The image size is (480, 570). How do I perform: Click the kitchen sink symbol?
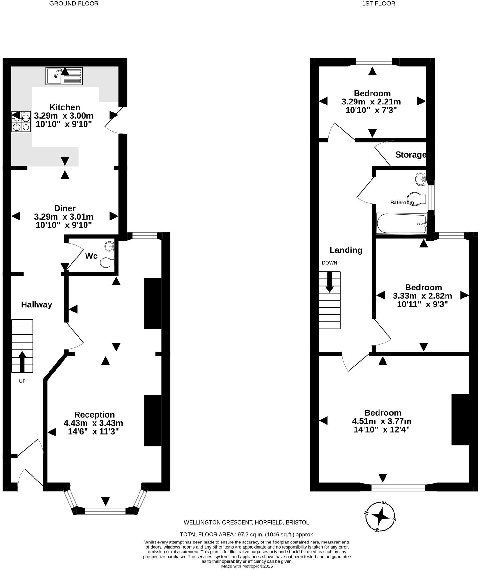pos(64,76)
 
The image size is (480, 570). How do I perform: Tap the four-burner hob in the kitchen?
pos(21,121)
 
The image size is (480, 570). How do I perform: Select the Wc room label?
pos(91,256)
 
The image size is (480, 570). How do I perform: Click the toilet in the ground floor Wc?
pos(107,263)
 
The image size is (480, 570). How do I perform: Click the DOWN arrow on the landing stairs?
pos(329,282)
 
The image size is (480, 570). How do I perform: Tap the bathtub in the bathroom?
pos(401,224)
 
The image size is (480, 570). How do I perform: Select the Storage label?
pos(410,155)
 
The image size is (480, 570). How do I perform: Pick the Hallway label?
pos(36,304)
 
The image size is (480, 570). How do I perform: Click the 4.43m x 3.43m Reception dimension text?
pos(93,423)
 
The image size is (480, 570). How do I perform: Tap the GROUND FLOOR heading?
pos(74,4)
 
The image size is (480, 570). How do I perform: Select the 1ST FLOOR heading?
pos(379,4)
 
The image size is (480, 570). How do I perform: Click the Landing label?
pos(346,250)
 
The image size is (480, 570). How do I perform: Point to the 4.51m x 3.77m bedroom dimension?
pos(381,421)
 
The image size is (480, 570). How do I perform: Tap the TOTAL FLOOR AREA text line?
pos(247,534)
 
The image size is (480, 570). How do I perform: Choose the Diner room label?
pos(65,208)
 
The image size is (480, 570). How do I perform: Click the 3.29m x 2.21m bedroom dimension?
pos(371,102)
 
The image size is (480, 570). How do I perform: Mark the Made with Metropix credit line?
pos(247,566)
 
